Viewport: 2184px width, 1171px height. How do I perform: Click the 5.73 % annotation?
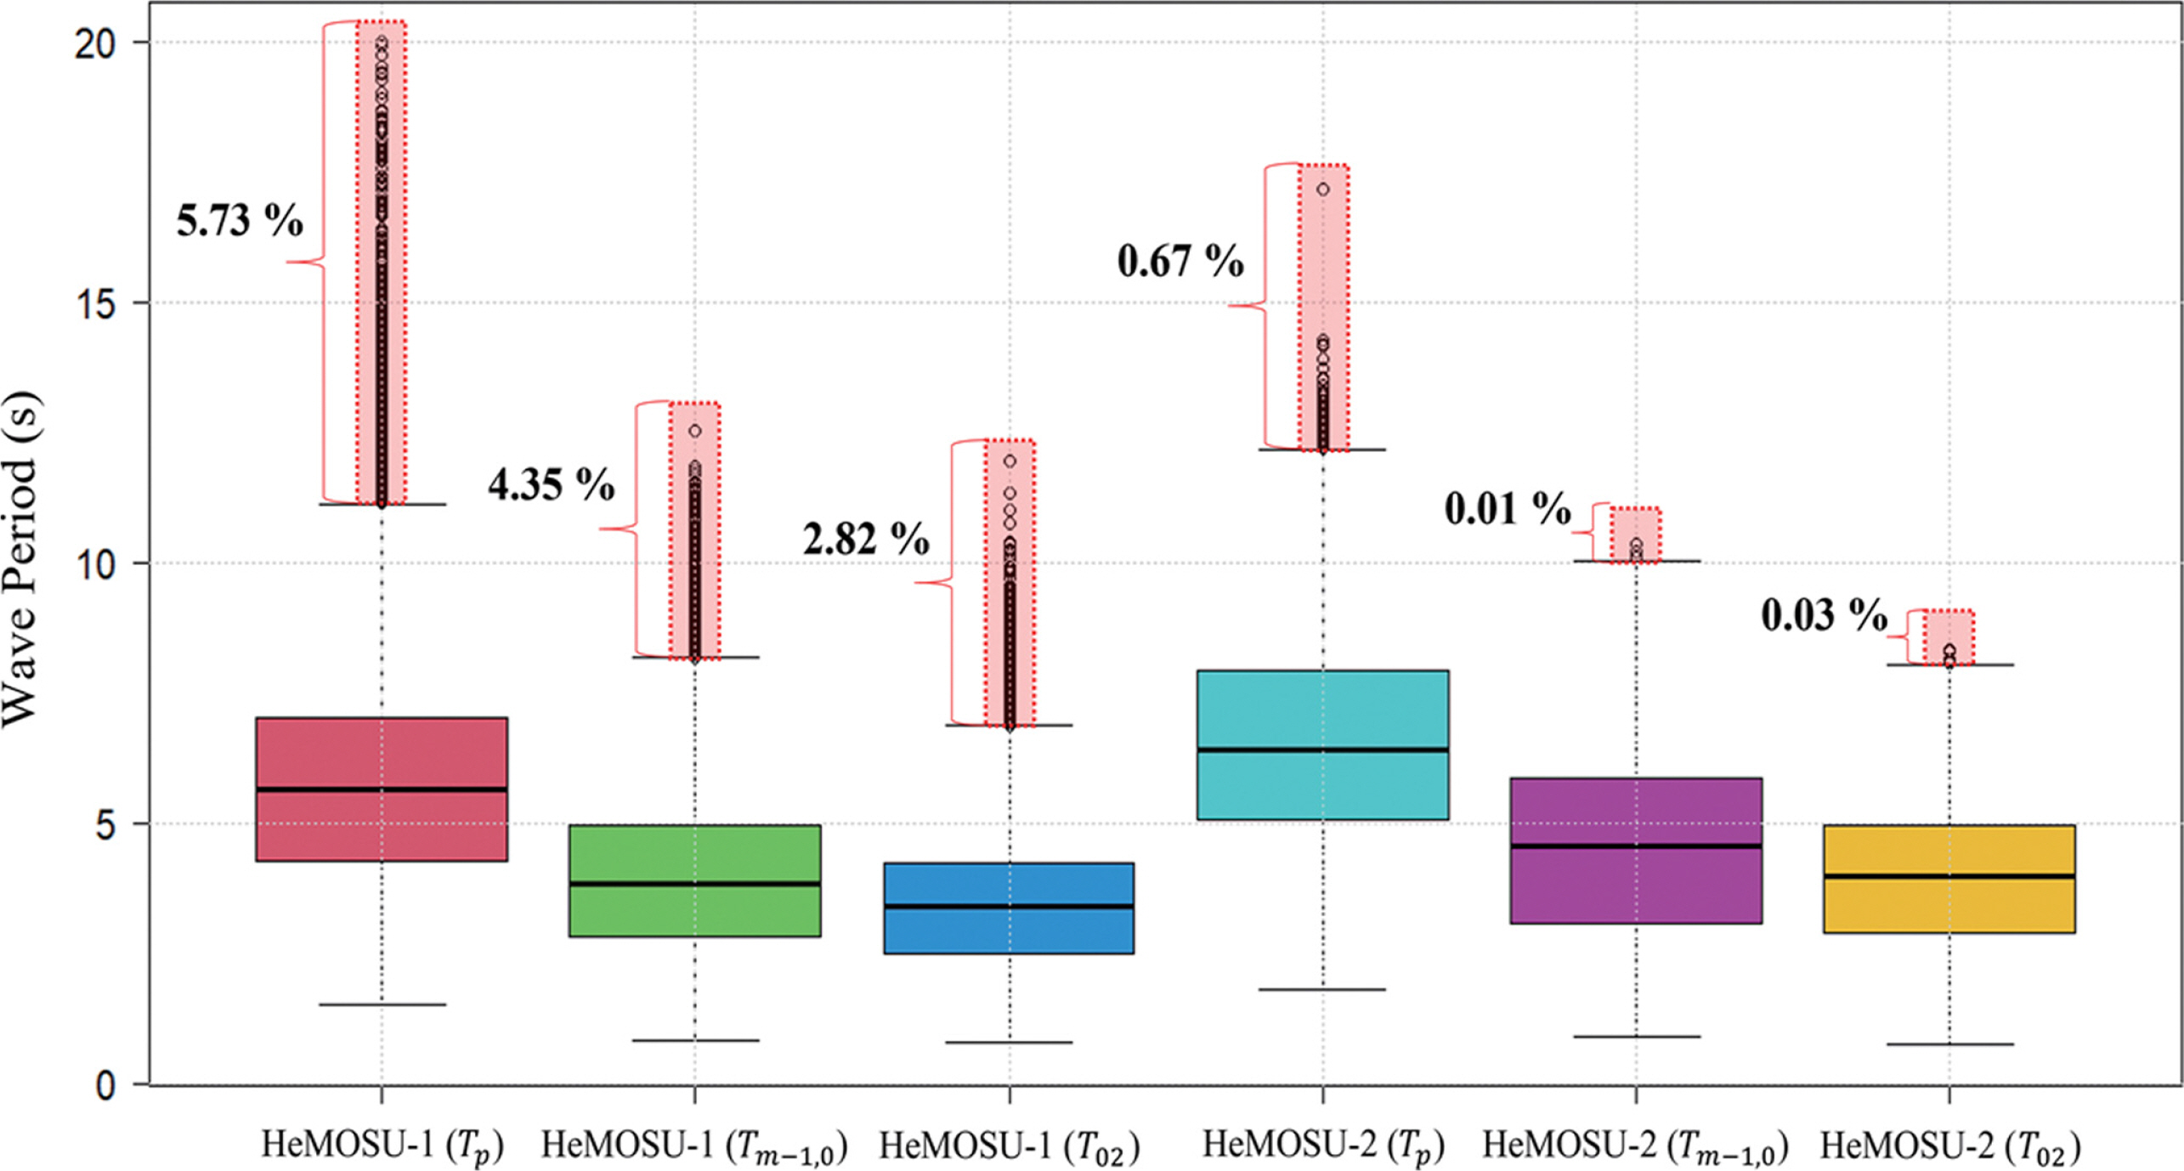pyautogui.click(x=240, y=221)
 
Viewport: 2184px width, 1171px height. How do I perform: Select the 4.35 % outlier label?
pyautogui.click(x=551, y=484)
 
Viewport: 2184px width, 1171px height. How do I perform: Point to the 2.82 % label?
pyautogui.click(x=866, y=539)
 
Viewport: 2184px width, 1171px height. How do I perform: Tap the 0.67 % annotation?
pyautogui.click(x=1180, y=260)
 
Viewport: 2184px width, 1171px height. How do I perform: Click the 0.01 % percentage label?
pyautogui.click(x=1508, y=509)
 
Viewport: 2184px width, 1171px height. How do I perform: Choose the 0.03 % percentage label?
pyautogui.click(x=1824, y=615)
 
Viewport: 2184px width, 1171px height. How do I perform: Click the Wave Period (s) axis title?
pyautogui.click(x=20, y=561)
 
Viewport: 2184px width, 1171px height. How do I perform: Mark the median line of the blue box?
pyautogui.click(x=1009, y=907)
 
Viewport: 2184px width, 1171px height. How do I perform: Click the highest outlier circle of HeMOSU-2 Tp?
pyautogui.click(x=1323, y=190)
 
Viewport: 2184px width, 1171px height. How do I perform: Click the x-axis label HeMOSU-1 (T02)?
pyautogui.click(x=1009, y=1146)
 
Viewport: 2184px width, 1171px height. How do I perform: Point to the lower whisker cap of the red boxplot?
pyautogui.click(x=382, y=1004)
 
